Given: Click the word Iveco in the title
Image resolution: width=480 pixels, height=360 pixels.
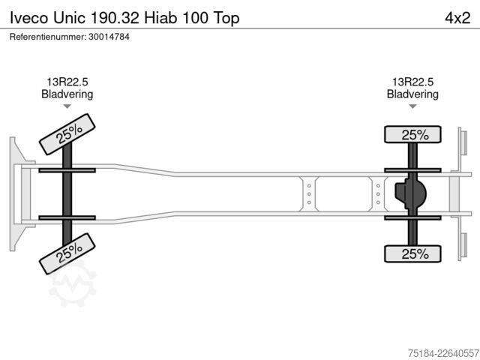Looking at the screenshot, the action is tap(29, 18).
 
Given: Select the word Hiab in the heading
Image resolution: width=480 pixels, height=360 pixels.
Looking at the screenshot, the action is tap(160, 18).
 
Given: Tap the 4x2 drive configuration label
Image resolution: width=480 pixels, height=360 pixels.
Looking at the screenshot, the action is tap(457, 18).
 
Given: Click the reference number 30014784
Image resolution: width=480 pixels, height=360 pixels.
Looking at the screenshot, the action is tap(109, 37).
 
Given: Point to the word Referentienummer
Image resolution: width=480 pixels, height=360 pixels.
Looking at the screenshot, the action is tap(48, 37).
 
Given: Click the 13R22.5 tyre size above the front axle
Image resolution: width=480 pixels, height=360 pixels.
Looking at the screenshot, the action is tap(67, 82).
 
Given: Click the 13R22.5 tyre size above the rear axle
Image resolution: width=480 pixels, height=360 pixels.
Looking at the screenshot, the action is tap(412, 82).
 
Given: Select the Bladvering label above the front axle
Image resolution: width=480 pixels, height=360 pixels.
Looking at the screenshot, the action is tap(67, 94).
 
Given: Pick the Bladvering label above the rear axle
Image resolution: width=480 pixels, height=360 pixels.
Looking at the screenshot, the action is tap(412, 94).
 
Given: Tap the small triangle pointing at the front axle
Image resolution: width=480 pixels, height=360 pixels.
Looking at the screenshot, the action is tap(67, 106).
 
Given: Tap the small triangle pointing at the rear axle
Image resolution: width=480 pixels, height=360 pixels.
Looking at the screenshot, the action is tap(412, 106).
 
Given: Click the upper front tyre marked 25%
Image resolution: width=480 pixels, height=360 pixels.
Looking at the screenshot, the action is tap(67, 134).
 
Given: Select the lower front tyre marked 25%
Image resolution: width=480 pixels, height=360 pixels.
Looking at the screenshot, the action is tap(67, 253).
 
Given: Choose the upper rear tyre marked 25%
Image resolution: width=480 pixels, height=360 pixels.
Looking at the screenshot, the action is tap(412, 134).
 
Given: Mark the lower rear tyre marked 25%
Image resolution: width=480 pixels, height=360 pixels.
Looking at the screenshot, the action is tap(412, 253).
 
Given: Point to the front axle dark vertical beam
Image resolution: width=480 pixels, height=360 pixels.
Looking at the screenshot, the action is tap(67, 194).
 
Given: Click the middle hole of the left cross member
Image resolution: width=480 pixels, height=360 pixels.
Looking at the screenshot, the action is tap(309, 194).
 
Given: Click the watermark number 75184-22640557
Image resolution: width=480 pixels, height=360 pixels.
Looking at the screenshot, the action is tap(443, 353).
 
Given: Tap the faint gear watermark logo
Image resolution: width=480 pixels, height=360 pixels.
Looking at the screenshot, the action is tap(73, 283).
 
